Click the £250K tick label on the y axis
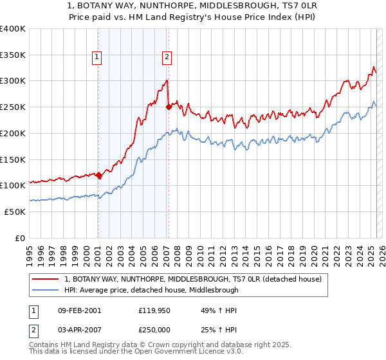click(x=13, y=107)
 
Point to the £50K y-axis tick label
click(x=15, y=212)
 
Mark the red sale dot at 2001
click(x=99, y=175)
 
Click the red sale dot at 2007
click(x=169, y=107)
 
